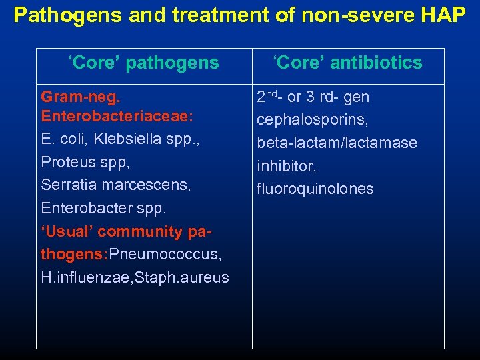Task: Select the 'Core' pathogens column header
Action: tap(143, 63)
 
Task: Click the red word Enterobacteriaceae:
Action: tap(117, 117)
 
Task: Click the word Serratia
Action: tap(65, 185)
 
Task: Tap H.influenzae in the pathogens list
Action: tap(81, 277)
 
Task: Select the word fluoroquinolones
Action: tap(315, 189)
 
